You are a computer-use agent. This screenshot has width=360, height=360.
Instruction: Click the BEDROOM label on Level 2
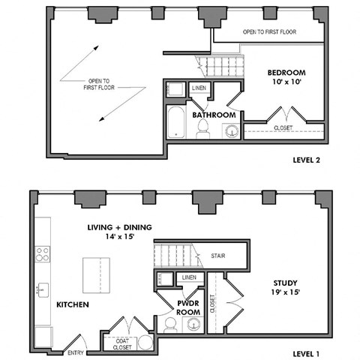286,73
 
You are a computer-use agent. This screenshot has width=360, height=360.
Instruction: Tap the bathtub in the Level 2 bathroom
175,122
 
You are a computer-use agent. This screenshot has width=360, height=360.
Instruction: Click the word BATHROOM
214,115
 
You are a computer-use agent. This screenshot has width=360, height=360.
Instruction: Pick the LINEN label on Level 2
199,88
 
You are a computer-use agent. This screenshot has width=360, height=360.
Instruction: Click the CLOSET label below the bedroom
283,128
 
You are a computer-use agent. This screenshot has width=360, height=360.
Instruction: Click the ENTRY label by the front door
76,352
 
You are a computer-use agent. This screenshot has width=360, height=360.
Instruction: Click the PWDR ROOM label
187,307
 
